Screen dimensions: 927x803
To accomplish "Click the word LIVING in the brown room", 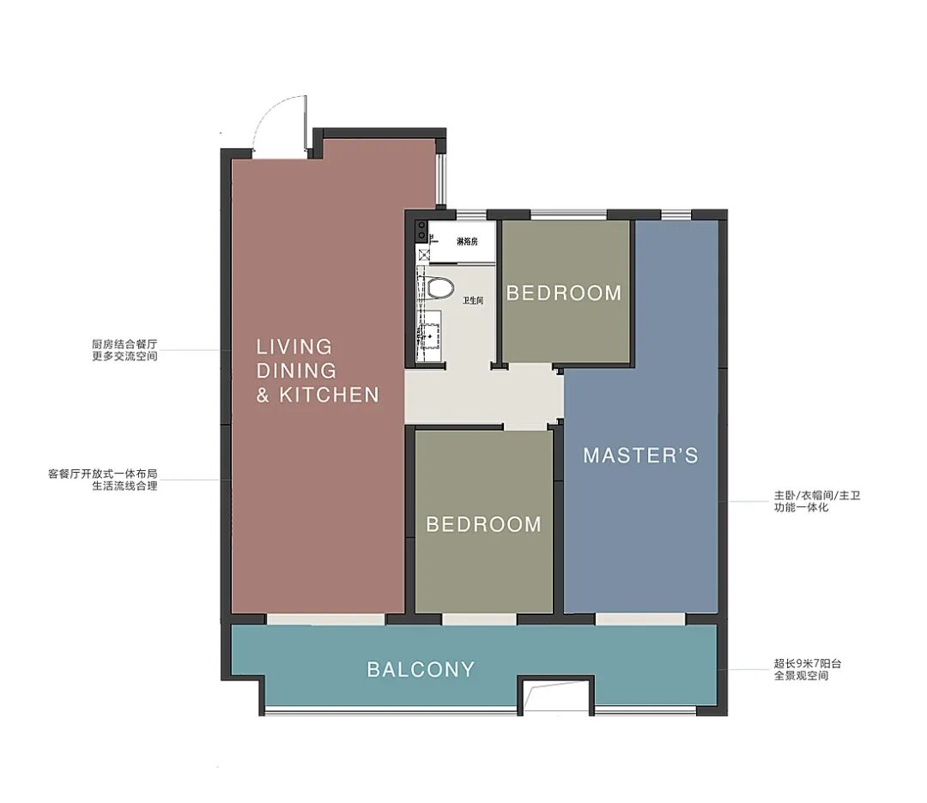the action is (294, 347).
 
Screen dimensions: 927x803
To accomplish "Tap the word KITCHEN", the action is (329, 395).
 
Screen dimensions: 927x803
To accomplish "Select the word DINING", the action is (296, 371).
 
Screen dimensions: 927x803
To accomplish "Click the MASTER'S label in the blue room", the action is (641, 455).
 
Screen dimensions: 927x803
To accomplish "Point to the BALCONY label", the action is (421, 669).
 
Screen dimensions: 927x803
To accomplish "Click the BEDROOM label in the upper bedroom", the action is (564, 293).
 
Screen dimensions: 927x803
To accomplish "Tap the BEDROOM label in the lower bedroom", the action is (483, 524).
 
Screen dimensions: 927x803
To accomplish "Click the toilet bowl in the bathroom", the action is (439, 287).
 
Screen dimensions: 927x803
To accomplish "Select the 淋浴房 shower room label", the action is (467, 242).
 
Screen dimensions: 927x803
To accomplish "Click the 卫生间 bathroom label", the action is (473, 301).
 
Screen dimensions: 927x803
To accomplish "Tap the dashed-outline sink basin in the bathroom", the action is (430, 336).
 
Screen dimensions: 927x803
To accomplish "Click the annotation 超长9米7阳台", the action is (808, 663).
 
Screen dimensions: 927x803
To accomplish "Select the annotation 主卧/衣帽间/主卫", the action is (817, 495).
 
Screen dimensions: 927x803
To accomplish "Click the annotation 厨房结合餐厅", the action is (124, 344).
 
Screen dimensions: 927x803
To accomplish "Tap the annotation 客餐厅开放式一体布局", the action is (102, 474).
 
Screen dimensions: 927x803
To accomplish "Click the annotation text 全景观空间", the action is (801, 675).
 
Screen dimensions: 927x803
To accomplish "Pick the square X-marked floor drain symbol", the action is (423, 255).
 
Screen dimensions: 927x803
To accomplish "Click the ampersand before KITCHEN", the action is (263, 395).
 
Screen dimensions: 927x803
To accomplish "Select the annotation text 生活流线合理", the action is (124, 486).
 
